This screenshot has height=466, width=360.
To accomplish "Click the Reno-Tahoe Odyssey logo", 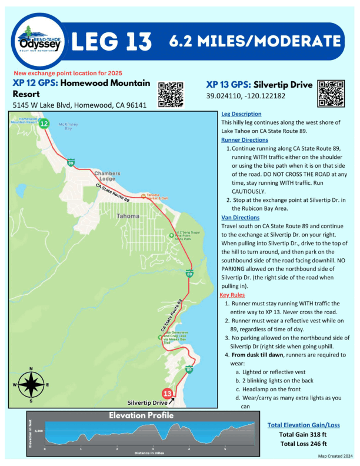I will point(39,41).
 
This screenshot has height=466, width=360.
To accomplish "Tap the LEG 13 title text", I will point(111,41).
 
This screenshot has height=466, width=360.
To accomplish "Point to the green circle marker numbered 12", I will point(44,124).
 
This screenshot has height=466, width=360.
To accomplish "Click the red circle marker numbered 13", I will point(168,393).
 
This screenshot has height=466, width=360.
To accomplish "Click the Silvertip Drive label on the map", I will point(148,403).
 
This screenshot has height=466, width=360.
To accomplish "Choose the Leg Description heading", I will point(241,114).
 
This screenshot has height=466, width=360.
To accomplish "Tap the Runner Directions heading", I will point(244,140).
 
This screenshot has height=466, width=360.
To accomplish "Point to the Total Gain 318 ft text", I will point(303,435).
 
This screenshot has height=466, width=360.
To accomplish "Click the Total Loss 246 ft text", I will point(303,444).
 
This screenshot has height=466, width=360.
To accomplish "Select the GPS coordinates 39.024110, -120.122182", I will point(246,96).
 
